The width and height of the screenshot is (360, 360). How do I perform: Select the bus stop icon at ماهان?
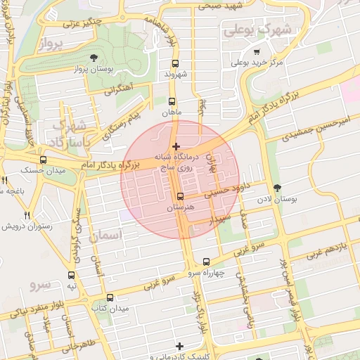[x=172, y=102]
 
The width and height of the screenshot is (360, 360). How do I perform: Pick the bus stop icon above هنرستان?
[x=181, y=197]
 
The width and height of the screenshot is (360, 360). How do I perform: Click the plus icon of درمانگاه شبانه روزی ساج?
[x=176, y=146]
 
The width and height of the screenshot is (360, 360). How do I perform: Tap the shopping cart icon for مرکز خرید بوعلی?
[x=257, y=52]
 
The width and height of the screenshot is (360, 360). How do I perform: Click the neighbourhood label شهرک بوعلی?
[x=259, y=31]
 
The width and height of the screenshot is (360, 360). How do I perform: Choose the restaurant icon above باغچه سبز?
[x=5, y=181]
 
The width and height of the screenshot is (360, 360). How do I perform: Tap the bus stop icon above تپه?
[x=71, y=276]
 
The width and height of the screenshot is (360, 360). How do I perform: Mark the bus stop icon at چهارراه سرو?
[x=205, y=262]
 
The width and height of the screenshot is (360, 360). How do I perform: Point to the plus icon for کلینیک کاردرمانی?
[x=181, y=346]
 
